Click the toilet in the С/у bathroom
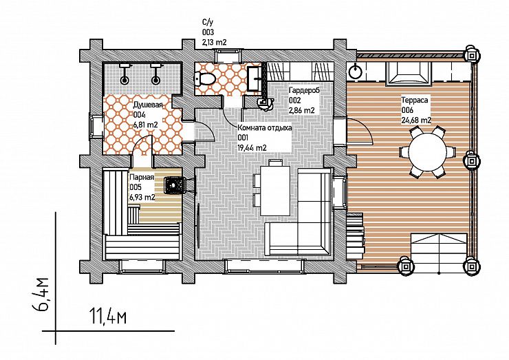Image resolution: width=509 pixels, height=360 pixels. click(205, 78)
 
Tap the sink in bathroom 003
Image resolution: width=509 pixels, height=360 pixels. click(254, 78)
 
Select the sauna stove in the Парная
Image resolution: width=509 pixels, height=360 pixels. click(175, 186)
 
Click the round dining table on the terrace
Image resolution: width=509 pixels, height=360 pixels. click(426, 151)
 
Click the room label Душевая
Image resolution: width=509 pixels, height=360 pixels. click(148, 105)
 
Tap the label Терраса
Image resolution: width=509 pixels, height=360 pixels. click(415, 100)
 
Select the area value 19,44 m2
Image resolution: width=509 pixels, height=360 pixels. click(252, 148)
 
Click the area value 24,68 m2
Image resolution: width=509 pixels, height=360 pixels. click(416, 120)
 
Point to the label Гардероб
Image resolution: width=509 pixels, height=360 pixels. click(304, 90)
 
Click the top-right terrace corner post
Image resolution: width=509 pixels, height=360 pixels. click(472, 56)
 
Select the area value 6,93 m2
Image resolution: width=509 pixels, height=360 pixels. click(142, 198)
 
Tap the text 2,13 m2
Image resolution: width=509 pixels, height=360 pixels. click(214, 42)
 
